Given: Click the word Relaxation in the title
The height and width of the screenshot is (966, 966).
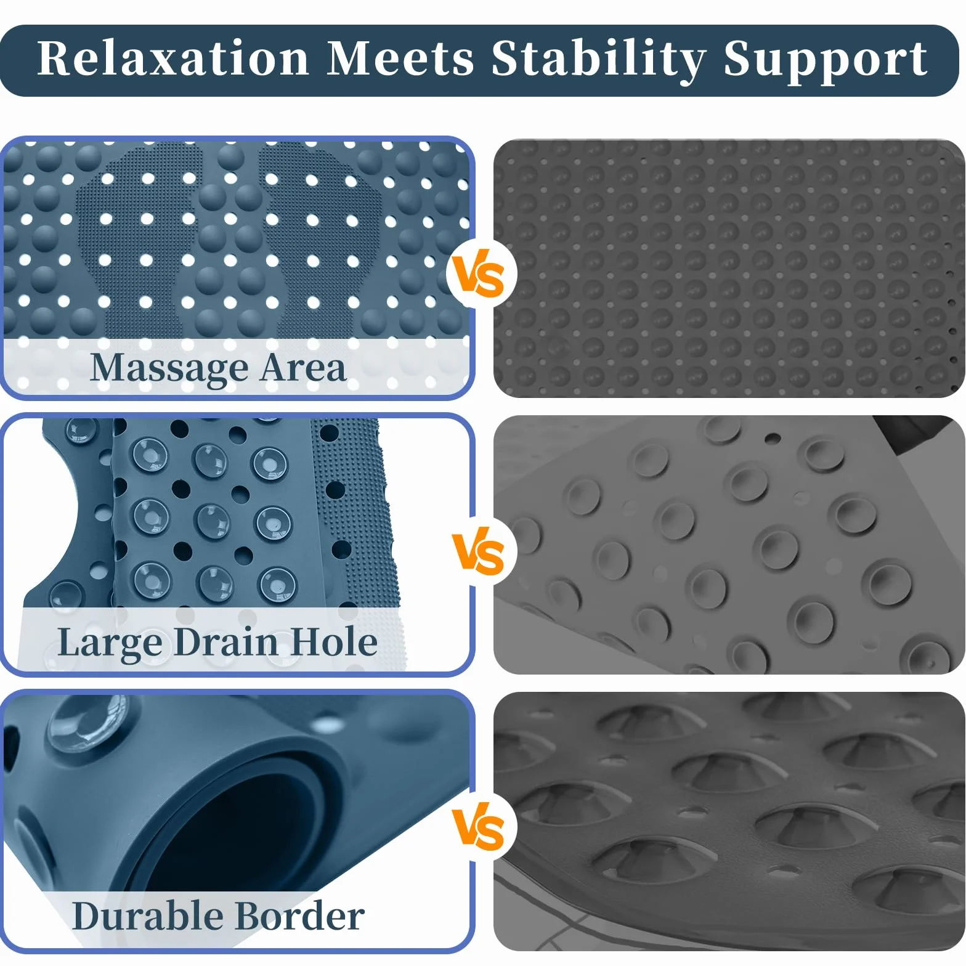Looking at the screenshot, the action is coord(173,59).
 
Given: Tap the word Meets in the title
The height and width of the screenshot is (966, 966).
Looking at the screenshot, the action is coord(400,59).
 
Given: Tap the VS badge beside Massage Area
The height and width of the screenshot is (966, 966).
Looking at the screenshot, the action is coord(479,274).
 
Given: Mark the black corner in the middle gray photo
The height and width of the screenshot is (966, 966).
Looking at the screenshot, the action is coord(915,431).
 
